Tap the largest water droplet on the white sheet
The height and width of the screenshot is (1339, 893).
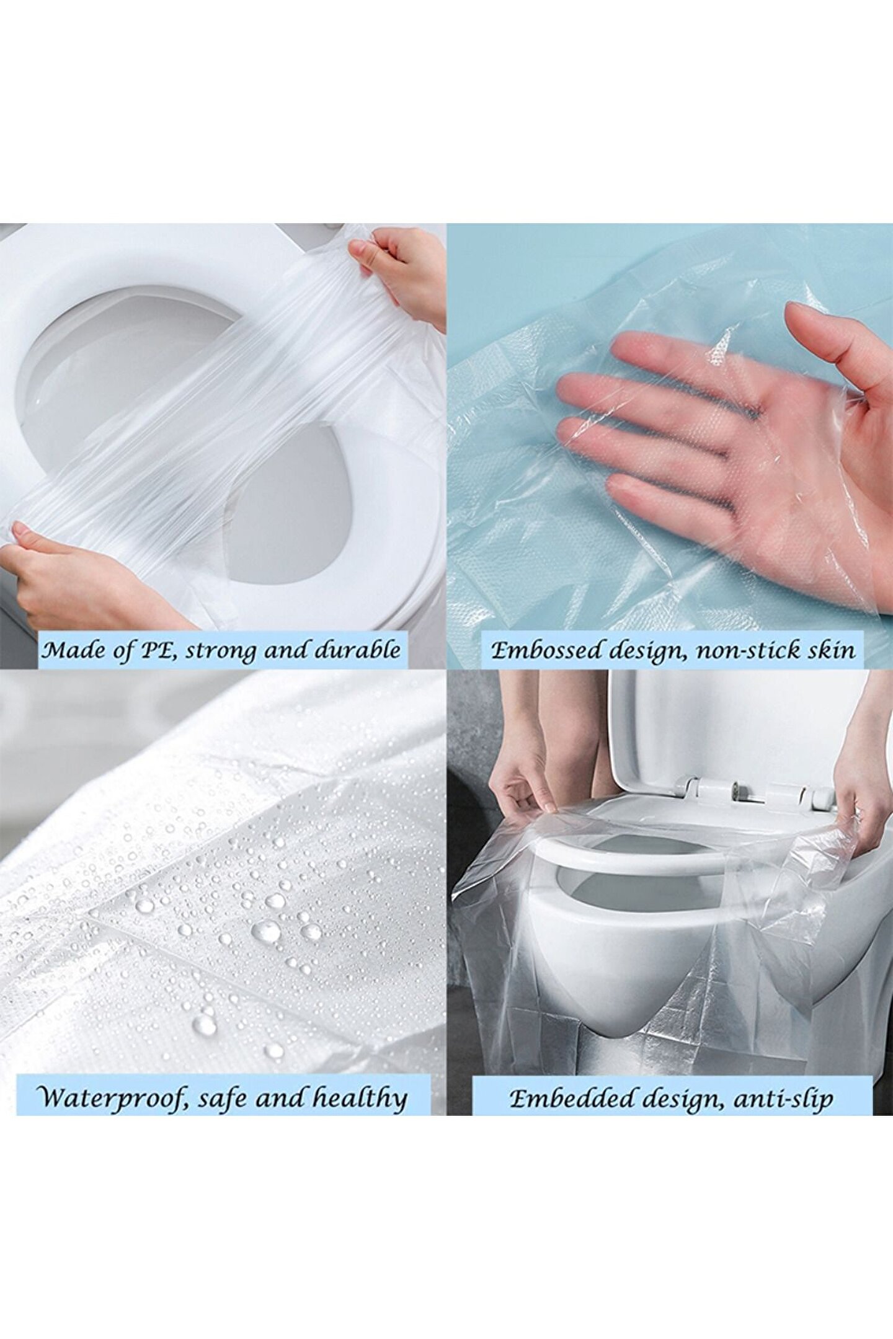click(x=268, y=929)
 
